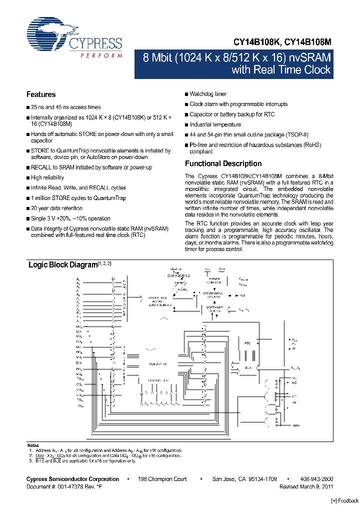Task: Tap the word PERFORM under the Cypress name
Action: pyautogui.click(x=101, y=55)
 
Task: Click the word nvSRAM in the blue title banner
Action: pyautogui.click(x=306, y=57)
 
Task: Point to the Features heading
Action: pyautogui.click(x=41, y=94)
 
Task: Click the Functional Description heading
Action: pyautogui.click(x=223, y=163)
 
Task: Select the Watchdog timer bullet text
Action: pyautogui.click(x=208, y=94)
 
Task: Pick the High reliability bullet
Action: pyautogui.click(x=47, y=177)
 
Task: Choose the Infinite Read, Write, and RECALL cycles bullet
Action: pyautogui.click(x=78, y=188)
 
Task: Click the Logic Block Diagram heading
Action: pyautogui.click(x=62, y=264)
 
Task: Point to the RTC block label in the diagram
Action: pyautogui.click(x=247, y=343)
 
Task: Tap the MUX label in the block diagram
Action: pyautogui.click(x=248, y=367)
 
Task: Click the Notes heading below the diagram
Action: pyautogui.click(x=32, y=445)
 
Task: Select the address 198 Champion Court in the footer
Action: pyautogui.click(x=162, y=479)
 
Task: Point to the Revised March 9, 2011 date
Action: pyautogui.click(x=306, y=486)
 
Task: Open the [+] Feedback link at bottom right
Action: pyautogui.click(x=345, y=501)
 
